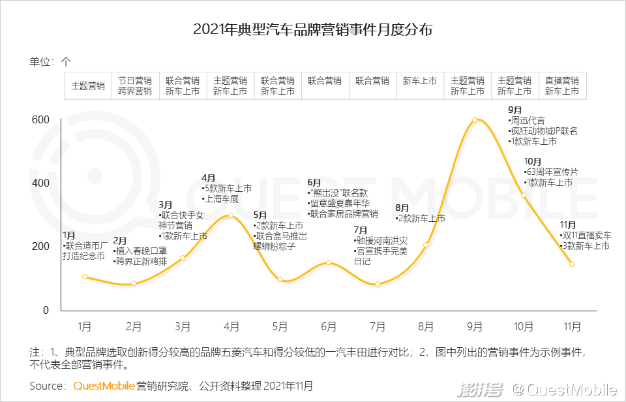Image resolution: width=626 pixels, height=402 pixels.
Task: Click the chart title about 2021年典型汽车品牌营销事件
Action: click(x=313, y=30)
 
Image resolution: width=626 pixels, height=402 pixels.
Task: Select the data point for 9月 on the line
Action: click(x=475, y=120)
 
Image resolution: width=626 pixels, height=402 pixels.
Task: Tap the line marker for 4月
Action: click(x=231, y=215)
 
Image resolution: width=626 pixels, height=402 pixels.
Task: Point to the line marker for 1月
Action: click(x=85, y=277)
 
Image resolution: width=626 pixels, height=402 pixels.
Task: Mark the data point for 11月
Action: click(x=572, y=264)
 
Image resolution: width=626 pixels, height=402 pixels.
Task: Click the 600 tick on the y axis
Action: click(x=40, y=120)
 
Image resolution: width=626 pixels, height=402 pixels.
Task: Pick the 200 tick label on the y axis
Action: click(x=40, y=247)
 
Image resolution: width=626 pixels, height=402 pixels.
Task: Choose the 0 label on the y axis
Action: click(x=46, y=310)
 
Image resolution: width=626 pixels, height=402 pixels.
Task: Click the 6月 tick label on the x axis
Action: click(x=329, y=326)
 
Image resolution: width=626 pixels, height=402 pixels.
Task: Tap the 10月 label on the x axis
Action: click(x=524, y=326)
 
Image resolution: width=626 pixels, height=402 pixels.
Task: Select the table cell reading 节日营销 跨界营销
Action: click(x=135, y=86)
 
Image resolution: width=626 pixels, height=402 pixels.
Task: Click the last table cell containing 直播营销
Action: click(x=562, y=86)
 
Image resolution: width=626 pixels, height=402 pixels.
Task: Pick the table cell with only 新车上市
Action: click(x=419, y=82)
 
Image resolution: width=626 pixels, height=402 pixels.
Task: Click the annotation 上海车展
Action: click(x=222, y=198)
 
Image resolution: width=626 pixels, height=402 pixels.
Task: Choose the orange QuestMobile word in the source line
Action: click(x=104, y=386)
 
